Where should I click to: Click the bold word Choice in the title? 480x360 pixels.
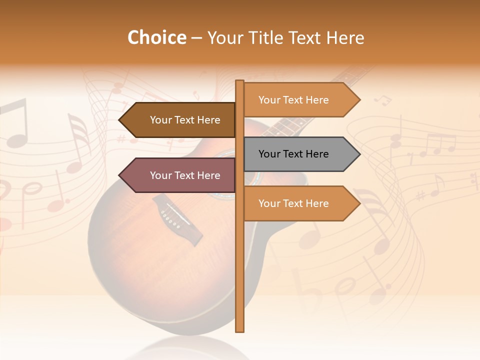click(x=156, y=37)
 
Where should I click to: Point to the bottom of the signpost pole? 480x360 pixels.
click(x=239, y=329)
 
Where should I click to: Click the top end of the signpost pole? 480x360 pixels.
click(x=239, y=82)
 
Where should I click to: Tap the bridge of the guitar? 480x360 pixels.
click(x=177, y=220)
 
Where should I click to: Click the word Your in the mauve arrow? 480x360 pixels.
click(x=160, y=175)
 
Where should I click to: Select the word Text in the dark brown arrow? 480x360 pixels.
click(x=185, y=120)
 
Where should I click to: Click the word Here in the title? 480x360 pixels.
click(x=345, y=37)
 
